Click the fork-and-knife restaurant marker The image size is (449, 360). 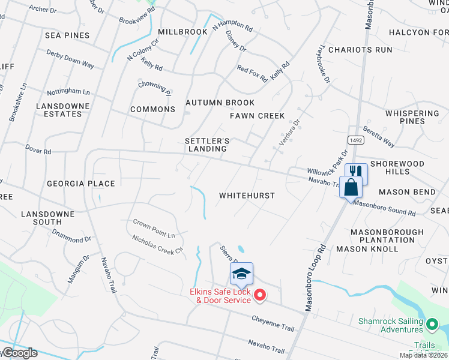356,173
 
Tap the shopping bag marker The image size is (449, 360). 350,187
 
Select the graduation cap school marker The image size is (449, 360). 241,274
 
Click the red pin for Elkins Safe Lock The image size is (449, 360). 260,295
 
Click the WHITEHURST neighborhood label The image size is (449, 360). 247,196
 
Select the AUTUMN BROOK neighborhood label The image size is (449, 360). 220,103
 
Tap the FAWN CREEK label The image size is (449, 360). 257,116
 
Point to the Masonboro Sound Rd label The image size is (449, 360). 384,208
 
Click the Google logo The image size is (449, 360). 19,353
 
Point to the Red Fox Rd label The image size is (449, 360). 252,74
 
